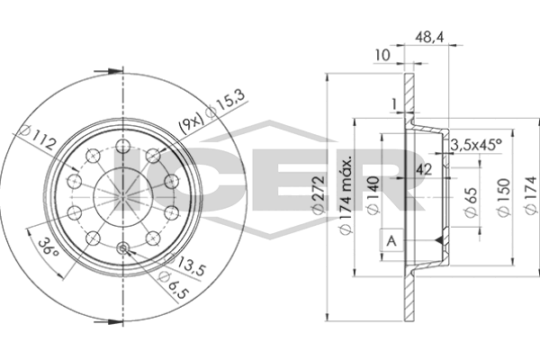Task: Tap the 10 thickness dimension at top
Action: (382, 56)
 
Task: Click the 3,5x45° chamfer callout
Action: (475, 144)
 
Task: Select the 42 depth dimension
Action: (424, 169)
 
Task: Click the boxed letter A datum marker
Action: (391, 240)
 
